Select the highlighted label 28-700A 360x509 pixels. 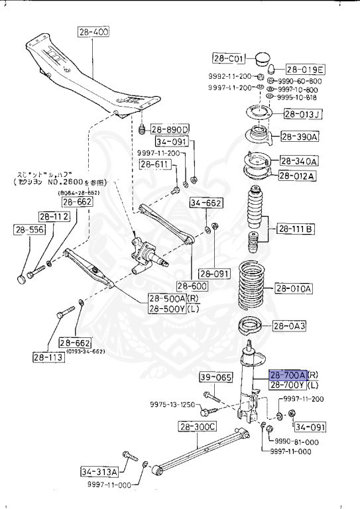pyautogui.click(x=288, y=375)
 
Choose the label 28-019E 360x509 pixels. pyautogui.click(x=305, y=70)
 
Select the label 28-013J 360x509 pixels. pyautogui.click(x=302, y=114)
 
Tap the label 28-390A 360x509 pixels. pyautogui.click(x=300, y=137)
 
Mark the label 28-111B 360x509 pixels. pyautogui.click(x=295, y=229)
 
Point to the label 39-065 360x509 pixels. pyautogui.click(x=216, y=378)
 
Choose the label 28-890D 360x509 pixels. pyautogui.click(x=170, y=129)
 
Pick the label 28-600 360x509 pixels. pyautogui.click(x=191, y=286)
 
